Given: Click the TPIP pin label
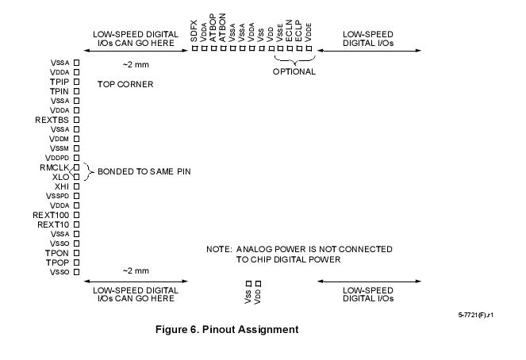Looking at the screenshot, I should pos(60,82).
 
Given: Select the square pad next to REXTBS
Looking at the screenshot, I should pos(77,120).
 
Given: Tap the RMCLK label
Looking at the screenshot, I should pos(55,167).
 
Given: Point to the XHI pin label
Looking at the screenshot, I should pos(62,186).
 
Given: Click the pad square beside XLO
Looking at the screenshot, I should pos(77,177).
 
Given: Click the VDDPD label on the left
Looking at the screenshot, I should pos(58,158).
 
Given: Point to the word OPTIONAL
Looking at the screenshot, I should pos(294,71).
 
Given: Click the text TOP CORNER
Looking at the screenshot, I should pos(125,84).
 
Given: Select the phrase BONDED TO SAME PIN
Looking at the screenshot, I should pos(144,171).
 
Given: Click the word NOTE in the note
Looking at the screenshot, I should pos(219,249).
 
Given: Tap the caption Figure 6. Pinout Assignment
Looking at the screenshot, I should pos(227,330).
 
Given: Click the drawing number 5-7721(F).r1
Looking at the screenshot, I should pos(475,315).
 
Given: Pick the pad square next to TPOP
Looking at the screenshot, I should pos(77,262).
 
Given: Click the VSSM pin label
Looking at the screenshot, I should pos(60,148).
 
